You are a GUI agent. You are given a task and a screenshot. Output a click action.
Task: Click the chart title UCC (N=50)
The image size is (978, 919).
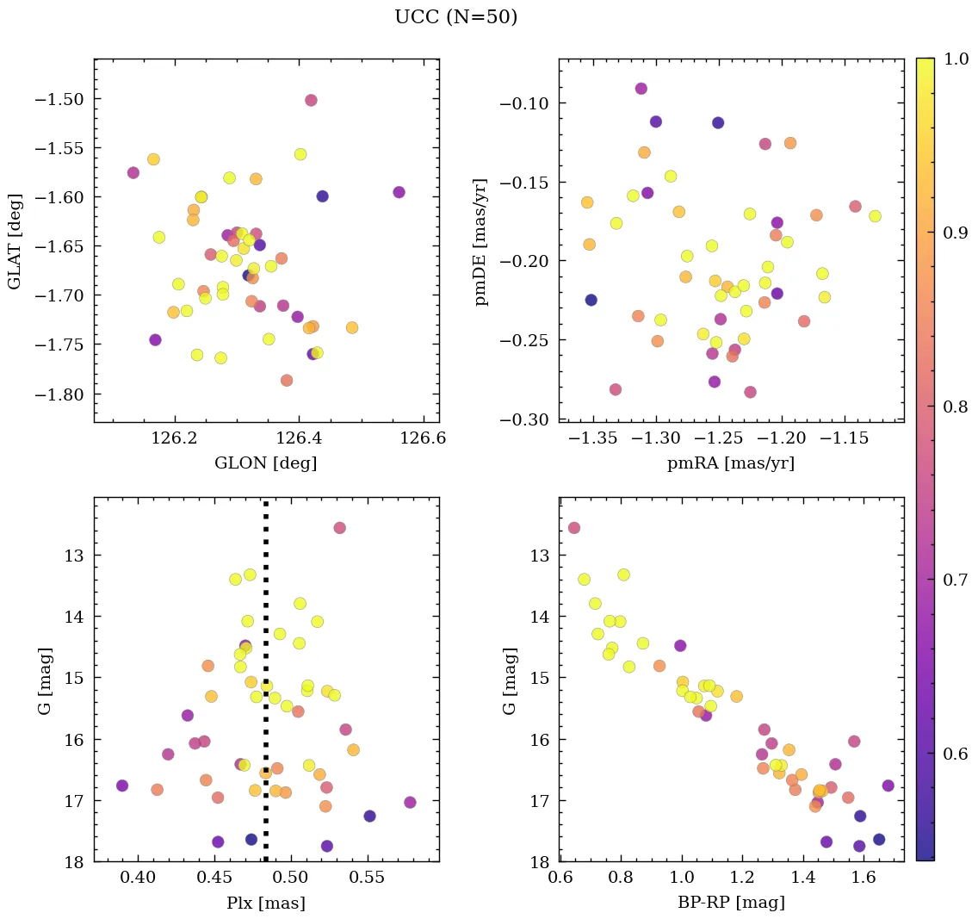[455, 17]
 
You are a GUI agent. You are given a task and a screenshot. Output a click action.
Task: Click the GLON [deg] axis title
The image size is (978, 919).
[265, 463]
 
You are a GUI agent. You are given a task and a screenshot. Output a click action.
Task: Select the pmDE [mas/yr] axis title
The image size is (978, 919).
[481, 242]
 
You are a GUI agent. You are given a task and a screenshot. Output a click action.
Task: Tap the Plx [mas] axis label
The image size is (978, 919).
[265, 903]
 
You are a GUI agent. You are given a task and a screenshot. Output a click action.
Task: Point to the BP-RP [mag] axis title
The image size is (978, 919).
[730, 903]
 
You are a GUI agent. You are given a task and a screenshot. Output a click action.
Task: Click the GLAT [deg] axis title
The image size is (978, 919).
[15, 242]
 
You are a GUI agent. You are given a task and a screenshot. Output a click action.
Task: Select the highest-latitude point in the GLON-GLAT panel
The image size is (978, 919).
[311, 100]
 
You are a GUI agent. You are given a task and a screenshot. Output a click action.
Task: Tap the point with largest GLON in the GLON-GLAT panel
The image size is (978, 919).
[399, 192]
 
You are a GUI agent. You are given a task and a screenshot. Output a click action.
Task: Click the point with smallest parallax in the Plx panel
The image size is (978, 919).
[122, 785]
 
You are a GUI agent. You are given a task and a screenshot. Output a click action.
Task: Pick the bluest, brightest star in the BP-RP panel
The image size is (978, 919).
[574, 528]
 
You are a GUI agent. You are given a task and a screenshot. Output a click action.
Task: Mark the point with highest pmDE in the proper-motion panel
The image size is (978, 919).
[641, 89]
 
